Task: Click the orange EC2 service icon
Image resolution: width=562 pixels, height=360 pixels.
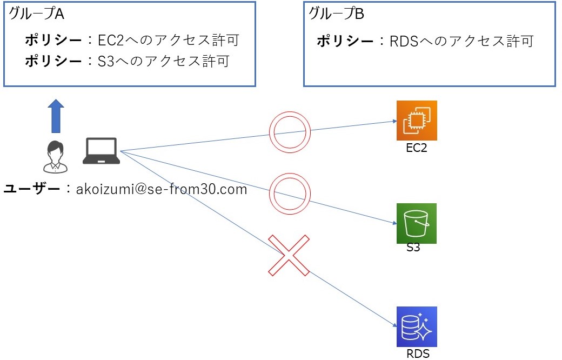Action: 417,120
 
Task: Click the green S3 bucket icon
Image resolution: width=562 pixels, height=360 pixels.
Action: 417,223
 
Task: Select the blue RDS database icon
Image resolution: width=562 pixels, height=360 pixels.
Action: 417,327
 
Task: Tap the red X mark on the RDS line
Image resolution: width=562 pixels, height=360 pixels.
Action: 289,256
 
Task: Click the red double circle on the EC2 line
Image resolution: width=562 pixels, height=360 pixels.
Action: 290,131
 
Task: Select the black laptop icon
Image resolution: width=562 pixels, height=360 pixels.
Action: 101,151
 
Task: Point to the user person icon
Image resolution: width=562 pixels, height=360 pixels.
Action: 56,156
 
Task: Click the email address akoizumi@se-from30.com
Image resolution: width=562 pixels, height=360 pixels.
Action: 162,189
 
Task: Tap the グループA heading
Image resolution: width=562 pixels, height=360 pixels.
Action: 36,15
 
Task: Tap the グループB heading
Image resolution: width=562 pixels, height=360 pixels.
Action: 336,15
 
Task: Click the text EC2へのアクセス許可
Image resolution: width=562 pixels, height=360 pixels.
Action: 168,41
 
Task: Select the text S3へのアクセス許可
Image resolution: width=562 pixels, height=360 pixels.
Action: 164,62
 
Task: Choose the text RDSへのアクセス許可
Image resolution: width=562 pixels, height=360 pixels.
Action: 461,41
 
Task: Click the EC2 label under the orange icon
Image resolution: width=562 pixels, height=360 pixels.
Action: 417,148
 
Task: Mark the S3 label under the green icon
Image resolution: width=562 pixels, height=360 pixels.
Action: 413,249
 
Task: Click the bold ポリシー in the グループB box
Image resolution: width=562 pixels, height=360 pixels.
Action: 345,41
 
